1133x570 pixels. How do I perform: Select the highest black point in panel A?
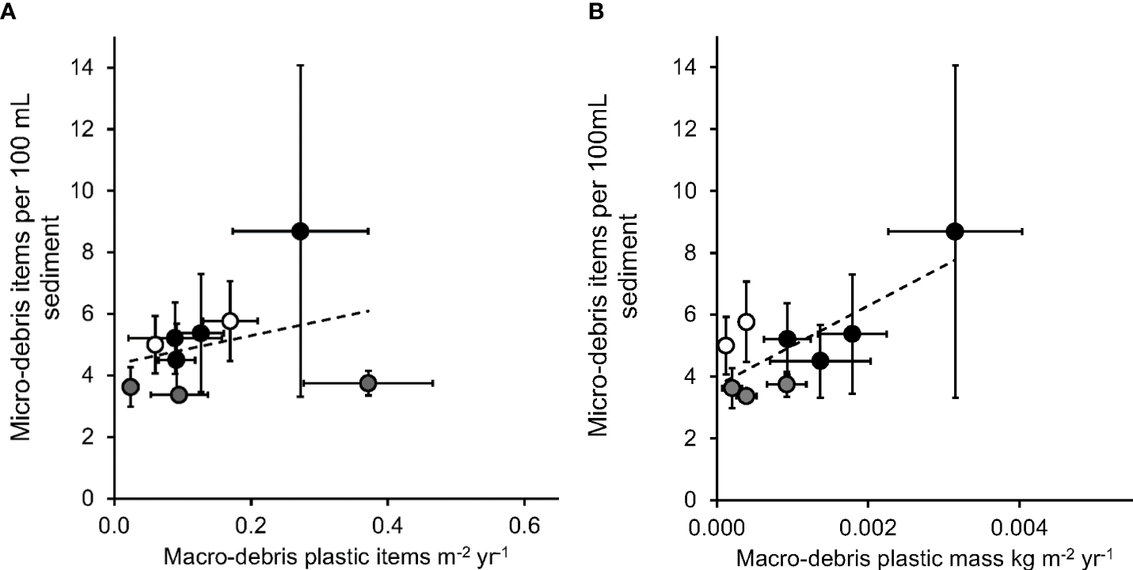pos(299,230)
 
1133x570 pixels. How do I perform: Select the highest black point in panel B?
pos(955,230)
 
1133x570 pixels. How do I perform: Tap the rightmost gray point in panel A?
pos(367,383)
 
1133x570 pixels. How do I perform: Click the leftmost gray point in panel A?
pos(131,387)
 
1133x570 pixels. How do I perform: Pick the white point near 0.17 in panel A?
pos(230,321)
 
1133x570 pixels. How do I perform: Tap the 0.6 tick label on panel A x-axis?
pos(523,524)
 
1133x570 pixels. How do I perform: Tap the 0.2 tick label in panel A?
pos(251,524)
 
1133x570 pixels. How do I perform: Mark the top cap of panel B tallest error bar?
pos(955,66)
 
